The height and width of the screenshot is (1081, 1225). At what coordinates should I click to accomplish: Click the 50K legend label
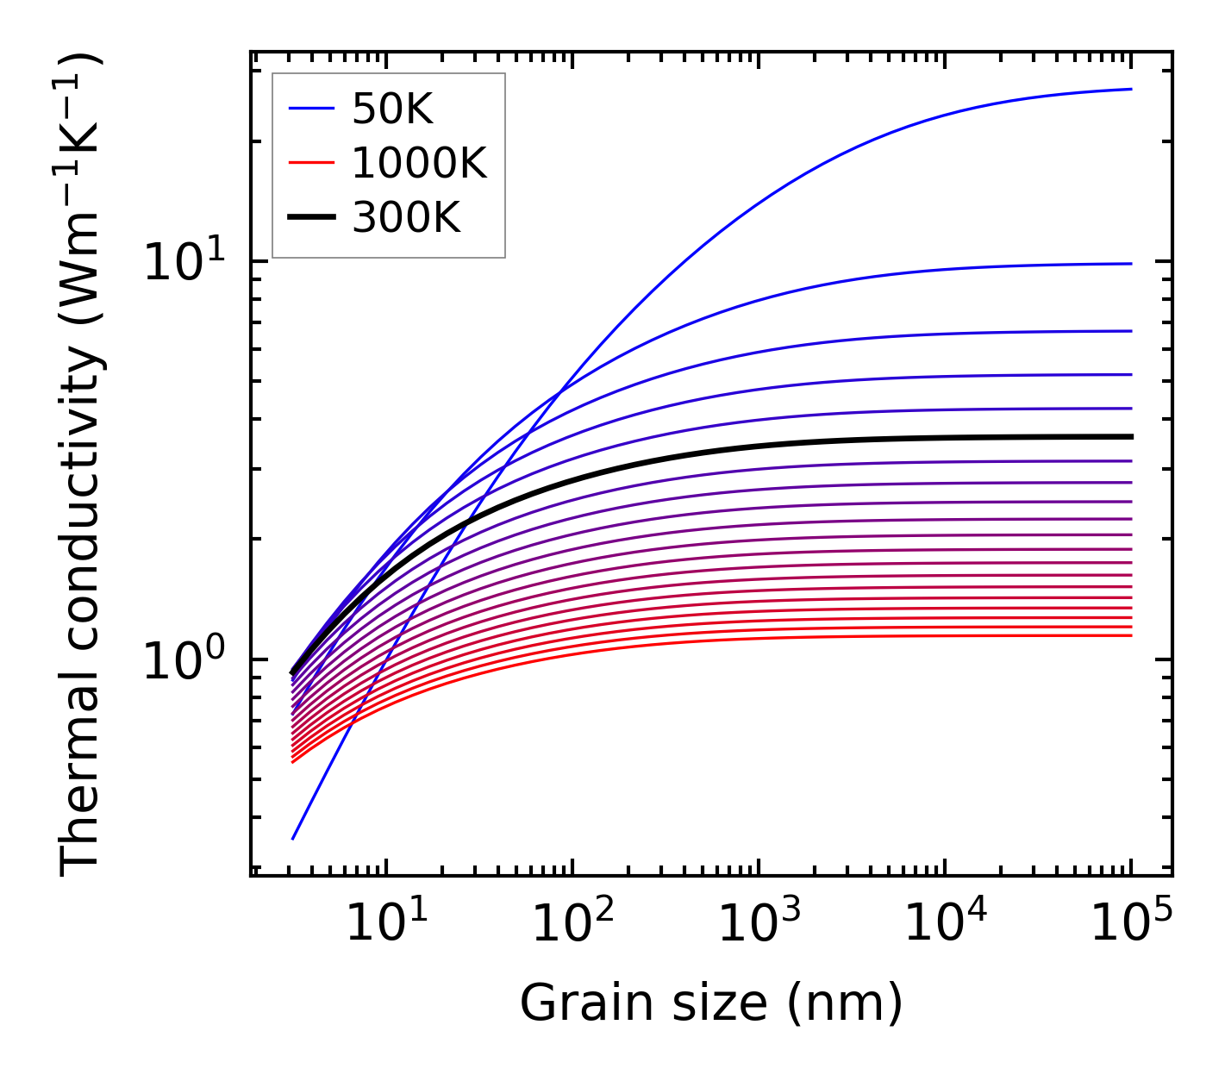coord(392,109)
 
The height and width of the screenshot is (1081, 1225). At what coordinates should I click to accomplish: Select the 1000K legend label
coord(419,164)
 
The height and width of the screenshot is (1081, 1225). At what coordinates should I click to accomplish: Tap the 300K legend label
coord(406,218)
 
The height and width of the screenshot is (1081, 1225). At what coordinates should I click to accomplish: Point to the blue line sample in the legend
coord(311,109)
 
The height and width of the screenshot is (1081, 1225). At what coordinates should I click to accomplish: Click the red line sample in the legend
coord(311,163)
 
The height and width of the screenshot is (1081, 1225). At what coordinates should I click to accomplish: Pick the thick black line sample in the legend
coord(311,217)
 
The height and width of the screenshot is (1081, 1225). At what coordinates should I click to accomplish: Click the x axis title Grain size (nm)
coord(711,1003)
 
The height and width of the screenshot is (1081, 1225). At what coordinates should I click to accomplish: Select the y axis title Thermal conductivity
coord(82,466)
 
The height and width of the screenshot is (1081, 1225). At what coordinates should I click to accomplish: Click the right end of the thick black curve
coord(1130,437)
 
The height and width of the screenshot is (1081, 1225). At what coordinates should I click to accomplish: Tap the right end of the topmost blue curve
coord(1130,89)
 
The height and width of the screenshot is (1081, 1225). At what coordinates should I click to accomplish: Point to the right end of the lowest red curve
coord(1130,635)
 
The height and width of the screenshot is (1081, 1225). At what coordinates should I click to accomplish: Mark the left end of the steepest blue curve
coord(293,838)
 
